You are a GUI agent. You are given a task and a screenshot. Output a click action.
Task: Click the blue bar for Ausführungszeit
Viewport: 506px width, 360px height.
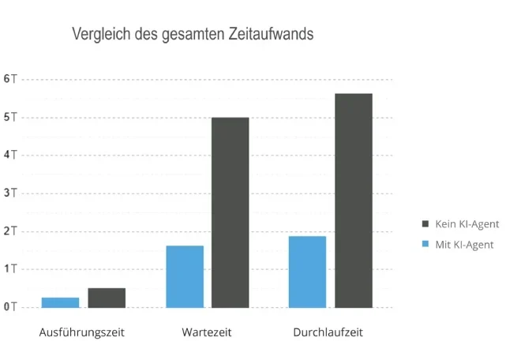[x=60, y=302]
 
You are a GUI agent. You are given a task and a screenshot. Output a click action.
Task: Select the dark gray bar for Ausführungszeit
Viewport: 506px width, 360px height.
[x=107, y=298]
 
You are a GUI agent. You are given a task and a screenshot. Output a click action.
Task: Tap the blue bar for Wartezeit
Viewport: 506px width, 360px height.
[x=185, y=276]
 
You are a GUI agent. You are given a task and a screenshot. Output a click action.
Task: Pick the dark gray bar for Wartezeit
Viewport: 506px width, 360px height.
[x=231, y=212]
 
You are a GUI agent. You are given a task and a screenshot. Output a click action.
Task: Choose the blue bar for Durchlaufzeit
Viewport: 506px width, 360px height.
[x=307, y=272]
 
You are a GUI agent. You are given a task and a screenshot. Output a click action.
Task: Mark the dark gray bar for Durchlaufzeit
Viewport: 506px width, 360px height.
[x=354, y=201]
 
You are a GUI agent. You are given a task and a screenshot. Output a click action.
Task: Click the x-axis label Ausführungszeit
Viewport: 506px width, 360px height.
[x=82, y=332]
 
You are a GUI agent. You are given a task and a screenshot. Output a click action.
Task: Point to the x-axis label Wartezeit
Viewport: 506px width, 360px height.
[x=207, y=332]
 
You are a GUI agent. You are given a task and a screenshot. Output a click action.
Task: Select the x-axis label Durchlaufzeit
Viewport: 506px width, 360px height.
[x=328, y=332]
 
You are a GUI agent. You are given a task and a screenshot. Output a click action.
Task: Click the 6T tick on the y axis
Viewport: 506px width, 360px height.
[x=10, y=80]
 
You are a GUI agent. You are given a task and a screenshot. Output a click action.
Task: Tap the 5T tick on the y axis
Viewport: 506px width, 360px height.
[x=10, y=118]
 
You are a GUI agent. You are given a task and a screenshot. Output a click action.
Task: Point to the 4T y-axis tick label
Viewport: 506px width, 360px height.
[x=10, y=155]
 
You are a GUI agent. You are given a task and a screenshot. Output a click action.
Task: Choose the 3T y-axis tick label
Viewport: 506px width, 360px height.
[x=10, y=193]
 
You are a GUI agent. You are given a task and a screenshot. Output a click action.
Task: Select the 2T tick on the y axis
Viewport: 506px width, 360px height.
[x=10, y=231]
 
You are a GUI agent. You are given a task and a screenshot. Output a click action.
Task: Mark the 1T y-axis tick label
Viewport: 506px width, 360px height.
[x=10, y=268]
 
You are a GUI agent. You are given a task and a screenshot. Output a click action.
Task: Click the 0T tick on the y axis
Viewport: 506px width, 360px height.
[x=10, y=306]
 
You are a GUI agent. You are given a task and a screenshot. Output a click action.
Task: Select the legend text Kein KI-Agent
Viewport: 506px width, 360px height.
[x=467, y=224]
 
